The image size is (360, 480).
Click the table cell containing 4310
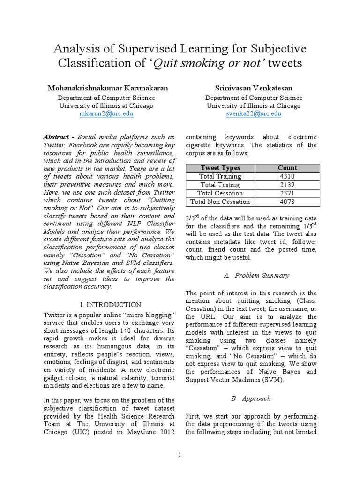tap(287, 176)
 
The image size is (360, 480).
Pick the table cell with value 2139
tap(287, 185)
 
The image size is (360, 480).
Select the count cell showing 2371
tap(287, 193)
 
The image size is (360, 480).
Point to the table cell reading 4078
tap(287, 202)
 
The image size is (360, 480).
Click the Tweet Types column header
tap(220, 168)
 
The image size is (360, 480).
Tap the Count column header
tap(287, 168)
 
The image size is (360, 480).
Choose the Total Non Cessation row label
tap(220, 202)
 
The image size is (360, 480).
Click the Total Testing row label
tap(220, 185)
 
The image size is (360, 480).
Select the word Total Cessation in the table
tap(220, 193)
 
